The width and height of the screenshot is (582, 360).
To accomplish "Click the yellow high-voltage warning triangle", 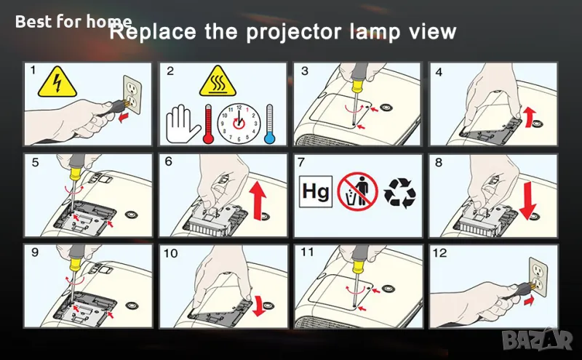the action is point(57,82).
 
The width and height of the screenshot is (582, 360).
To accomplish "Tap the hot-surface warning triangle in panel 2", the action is point(218,81).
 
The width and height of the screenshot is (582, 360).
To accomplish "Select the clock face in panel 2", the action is point(239,124).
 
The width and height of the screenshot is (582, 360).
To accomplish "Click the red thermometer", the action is point(208,124).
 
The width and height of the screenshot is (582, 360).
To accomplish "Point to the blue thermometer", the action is point(269,124).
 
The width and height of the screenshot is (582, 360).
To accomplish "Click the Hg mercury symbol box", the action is point(316,191).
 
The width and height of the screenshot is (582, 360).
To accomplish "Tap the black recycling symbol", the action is point(399,192).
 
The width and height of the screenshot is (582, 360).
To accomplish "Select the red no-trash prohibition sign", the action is point(357,191).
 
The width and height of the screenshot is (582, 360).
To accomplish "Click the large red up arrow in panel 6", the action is point(258,201).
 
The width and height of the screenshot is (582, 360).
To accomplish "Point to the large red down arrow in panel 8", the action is point(528,201).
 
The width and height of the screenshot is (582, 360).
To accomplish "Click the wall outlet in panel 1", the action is point(132,95).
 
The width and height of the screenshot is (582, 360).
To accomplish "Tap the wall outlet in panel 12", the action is point(538,277).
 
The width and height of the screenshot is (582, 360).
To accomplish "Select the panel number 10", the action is point(170,254).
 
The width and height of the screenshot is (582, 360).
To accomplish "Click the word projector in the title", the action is point(294,33).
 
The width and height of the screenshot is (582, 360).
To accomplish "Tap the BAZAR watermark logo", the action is point(537,338).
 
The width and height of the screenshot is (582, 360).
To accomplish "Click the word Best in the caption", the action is point(33,22).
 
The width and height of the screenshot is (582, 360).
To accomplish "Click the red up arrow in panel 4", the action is point(529,116).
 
